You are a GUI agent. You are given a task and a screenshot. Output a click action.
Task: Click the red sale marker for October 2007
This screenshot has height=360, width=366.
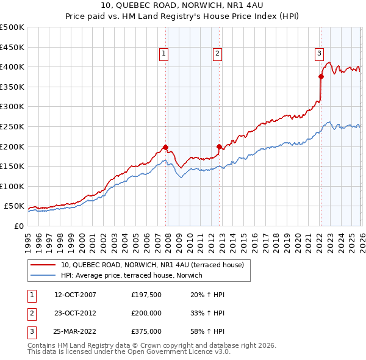165,147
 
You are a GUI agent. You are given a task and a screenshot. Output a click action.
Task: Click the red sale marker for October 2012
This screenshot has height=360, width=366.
220,146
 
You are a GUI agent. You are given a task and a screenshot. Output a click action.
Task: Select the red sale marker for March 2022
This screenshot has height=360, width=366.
321,76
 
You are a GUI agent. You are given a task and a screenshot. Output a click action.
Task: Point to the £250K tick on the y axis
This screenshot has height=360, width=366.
12,126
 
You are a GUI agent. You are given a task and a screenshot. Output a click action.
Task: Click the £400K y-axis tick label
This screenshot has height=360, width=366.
12,67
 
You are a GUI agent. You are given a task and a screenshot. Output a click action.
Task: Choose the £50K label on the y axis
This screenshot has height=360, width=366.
14,206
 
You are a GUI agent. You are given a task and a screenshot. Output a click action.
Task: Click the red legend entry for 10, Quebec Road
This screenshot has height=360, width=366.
152,265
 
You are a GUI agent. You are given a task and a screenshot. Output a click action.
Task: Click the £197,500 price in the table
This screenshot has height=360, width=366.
146,295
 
